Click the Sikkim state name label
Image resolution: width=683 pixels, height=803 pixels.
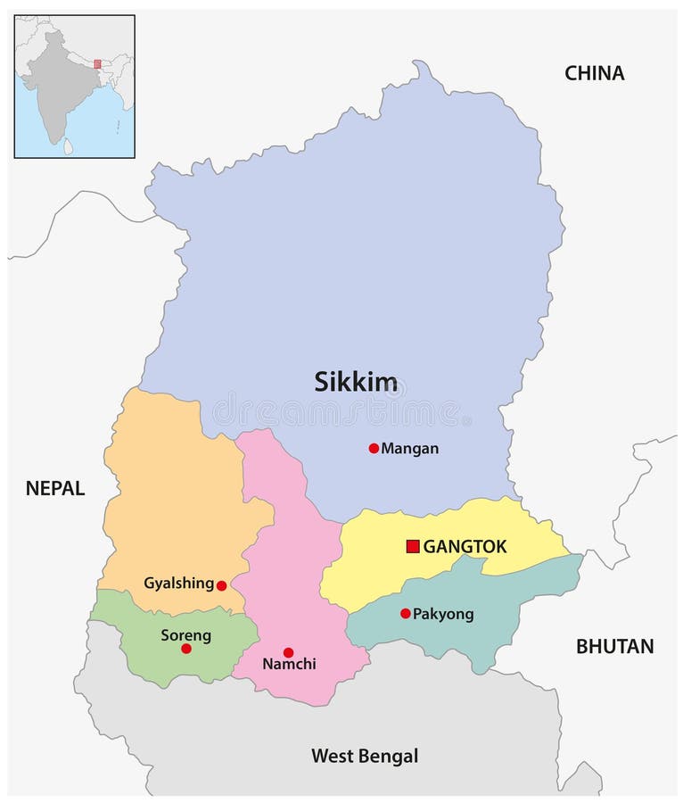point(356,382)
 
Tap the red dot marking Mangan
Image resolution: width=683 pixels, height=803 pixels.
point(374,448)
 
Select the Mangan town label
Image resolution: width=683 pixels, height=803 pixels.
point(410,449)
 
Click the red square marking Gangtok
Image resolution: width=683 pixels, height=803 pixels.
point(413,546)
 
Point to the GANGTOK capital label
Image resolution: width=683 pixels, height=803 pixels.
point(465,547)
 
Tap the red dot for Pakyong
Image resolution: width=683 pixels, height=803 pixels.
point(406,613)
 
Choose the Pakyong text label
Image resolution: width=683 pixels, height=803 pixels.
point(443,614)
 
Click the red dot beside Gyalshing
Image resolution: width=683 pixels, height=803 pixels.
point(221,585)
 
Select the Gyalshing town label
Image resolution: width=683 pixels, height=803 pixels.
point(178,584)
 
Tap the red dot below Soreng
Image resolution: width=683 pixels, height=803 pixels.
point(186,649)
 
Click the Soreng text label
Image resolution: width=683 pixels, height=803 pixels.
point(185,635)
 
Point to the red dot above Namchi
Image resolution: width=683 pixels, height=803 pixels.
point(288,652)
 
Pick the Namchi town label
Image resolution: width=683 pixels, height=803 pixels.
point(289,665)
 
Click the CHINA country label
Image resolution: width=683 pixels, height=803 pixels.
point(594,73)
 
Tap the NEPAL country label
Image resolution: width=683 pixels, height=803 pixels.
point(55,488)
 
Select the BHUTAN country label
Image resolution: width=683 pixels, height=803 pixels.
point(614,646)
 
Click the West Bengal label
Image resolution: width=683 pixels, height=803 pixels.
point(364,757)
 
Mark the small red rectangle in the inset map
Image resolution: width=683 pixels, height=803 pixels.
point(97,63)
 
